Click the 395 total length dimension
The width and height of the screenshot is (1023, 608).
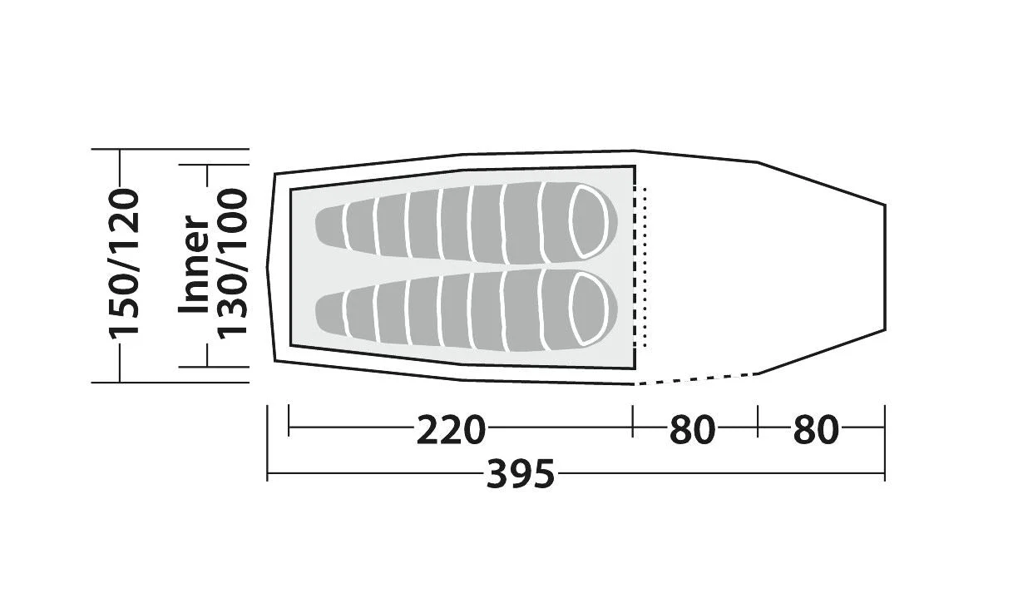520,474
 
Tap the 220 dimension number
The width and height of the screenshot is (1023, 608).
450,429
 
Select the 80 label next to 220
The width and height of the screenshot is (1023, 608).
692,429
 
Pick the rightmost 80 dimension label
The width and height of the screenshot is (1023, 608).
816,429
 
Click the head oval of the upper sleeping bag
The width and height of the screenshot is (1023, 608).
589,221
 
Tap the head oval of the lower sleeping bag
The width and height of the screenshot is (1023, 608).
589,309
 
